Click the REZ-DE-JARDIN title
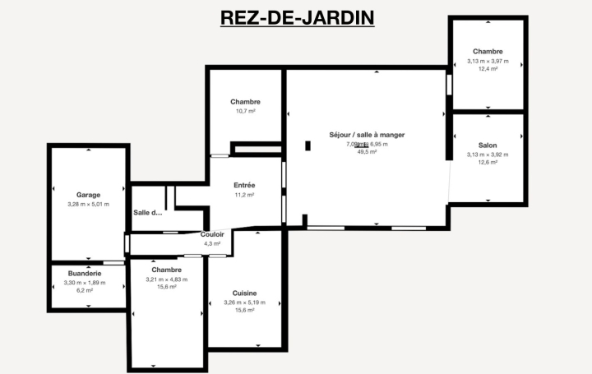[297, 18]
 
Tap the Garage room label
[88, 195]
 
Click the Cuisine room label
[244, 293]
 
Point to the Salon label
[488, 145]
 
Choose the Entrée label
[244, 185]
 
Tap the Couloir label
[212, 234]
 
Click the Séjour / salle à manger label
[367, 134]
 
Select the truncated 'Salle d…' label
[148, 213]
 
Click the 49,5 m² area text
[367, 152]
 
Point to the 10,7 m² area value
[244, 111]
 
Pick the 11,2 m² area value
[244, 195]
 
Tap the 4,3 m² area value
[212, 243]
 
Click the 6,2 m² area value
[85, 290]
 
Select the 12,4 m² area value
[488, 69]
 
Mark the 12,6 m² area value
[488, 163]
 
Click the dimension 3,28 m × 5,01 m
[88, 204]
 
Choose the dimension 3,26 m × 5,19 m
[244, 302]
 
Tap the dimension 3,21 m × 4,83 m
[166, 279]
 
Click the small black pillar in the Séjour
[307, 146]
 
